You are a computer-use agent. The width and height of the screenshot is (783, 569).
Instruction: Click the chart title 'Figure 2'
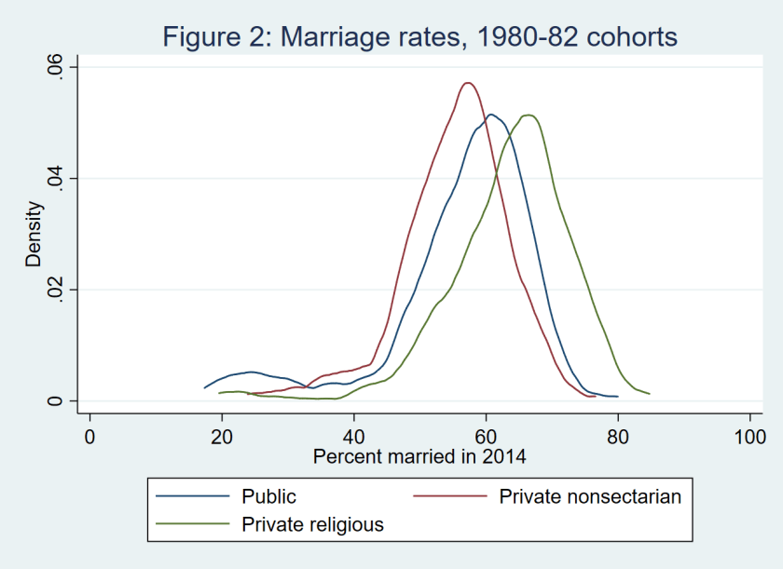(419, 37)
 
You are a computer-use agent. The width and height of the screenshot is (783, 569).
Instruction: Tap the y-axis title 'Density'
(34, 234)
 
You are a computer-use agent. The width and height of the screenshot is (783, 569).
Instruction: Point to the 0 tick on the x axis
(89, 437)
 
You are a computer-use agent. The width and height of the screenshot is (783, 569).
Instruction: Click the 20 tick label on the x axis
(222, 437)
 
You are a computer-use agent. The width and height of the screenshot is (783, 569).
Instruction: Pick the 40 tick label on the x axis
(354, 437)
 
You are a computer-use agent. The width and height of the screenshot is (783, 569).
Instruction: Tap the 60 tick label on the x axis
(486, 437)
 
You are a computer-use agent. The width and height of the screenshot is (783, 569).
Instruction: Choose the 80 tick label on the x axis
(618, 437)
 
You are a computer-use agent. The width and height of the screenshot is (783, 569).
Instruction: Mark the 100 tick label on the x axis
(749, 437)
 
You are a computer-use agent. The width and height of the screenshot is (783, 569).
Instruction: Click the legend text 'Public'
(268, 496)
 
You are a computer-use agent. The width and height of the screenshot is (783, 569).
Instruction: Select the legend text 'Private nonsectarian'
(590, 496)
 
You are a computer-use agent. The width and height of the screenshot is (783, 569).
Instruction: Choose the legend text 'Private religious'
(312, 524)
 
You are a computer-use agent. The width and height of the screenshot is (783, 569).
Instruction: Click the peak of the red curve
(468, 82)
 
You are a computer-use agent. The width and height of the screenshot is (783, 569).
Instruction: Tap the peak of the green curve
(529, 115)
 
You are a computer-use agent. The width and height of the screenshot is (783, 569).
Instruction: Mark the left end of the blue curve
(204, 387)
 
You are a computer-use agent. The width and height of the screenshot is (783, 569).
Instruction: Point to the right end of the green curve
(649, 394)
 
